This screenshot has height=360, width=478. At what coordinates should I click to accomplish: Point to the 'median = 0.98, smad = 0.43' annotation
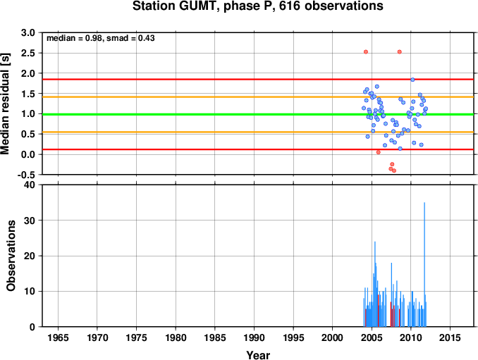(x=101, y=38)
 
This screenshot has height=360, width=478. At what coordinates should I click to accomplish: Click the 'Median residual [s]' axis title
(x=5, y=104)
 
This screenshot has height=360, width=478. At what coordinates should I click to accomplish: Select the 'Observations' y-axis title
(x=11, y=256)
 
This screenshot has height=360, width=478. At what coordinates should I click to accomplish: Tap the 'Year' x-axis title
(x=258, y=355)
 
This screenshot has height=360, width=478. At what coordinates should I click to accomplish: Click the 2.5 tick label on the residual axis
(x=27, y=53)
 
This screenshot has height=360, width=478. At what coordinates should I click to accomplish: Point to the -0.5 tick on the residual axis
(x=26, y=175)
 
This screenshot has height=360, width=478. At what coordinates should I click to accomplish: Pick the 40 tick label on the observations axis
(x=30, y=185)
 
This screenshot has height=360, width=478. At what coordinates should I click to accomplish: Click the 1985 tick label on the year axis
(x=215, y=337)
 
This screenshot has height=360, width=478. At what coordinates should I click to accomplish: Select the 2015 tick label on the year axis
(x=451, y=337)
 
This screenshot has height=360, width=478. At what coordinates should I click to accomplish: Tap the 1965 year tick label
(x=58, y=337)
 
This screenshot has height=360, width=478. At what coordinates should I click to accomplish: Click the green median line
(x=258, y=115)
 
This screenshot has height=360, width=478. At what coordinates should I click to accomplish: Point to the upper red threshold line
(x=258, y=79)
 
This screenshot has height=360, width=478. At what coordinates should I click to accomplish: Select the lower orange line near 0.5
(x=258, y=132)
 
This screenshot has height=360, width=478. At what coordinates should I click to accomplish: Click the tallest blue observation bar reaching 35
(x=424, y=264)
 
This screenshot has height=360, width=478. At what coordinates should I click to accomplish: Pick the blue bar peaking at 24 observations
(x=375, y=284)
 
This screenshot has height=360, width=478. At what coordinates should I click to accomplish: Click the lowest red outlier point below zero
(x=394, y=170)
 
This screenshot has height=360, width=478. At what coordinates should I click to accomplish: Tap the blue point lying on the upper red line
(x=412, y=80)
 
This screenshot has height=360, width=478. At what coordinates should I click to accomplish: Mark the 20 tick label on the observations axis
(x=30, y=256)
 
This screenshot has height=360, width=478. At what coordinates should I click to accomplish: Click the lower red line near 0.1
(x=258, y=149)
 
